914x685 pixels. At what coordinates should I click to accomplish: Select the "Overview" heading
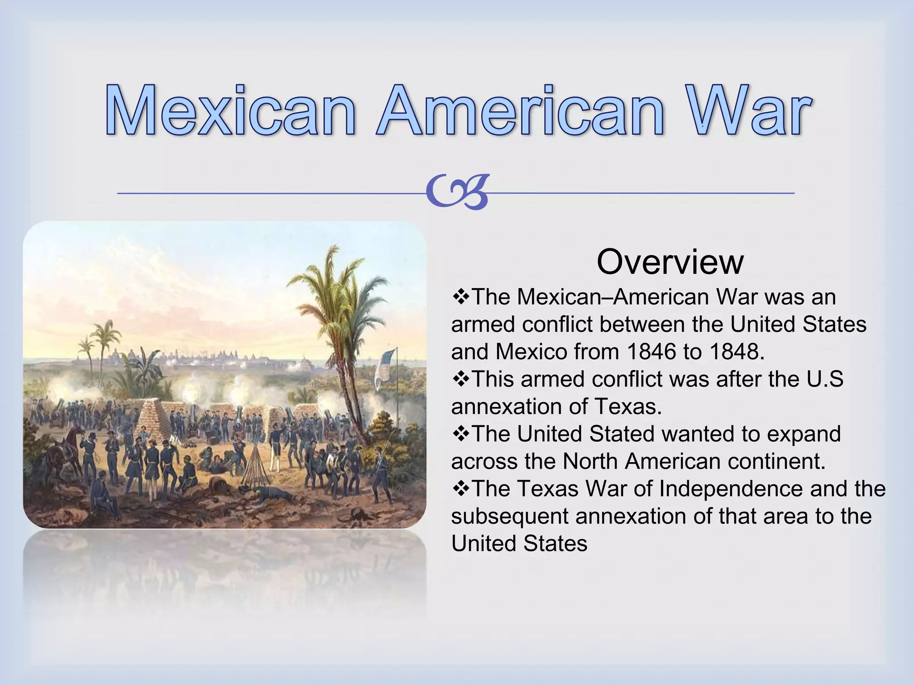(670, 262)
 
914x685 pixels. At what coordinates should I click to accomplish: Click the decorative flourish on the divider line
(457, 193)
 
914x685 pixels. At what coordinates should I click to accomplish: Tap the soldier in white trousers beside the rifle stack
(275, 450)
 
